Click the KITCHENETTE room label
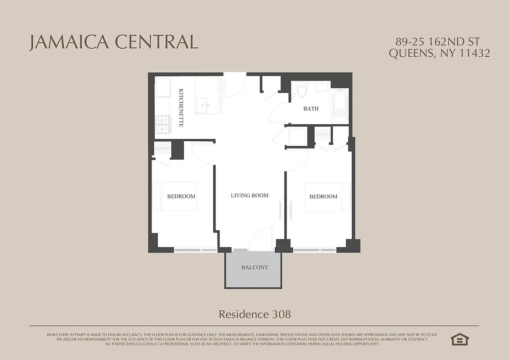181,108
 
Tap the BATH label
311,108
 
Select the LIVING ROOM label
250,195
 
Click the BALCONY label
254,267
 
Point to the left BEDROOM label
181,196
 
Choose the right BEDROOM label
323,197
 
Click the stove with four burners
163,124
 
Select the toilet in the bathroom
302,90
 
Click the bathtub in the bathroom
339,106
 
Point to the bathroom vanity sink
322,87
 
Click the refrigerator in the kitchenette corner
163,87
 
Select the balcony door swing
262,239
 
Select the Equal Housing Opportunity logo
459,339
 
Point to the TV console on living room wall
282,211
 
